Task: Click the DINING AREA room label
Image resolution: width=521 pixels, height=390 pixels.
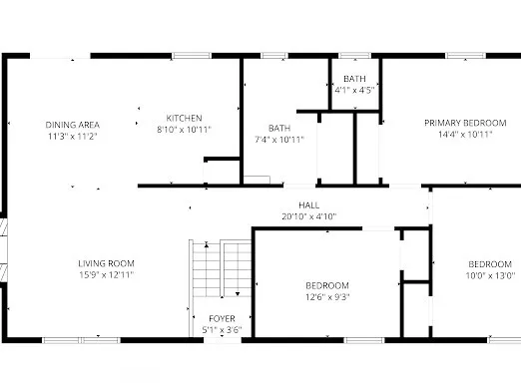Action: [x=72, y=125]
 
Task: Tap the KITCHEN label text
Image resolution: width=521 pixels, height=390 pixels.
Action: [x=184, y=117]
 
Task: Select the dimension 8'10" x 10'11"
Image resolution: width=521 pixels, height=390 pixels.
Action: [x=184, y=129]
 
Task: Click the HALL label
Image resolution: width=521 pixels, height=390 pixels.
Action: [x=294, y=205]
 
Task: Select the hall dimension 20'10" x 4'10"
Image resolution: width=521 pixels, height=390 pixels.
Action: [x=294, y=216]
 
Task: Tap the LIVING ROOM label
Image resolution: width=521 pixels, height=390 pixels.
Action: [x=106, y=263]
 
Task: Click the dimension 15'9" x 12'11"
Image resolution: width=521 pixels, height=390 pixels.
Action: [x=106, y=274]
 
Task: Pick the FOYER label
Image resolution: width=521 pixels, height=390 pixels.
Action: [x=222, y=318]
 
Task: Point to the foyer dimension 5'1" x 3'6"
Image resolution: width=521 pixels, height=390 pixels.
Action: [x=222, y=329]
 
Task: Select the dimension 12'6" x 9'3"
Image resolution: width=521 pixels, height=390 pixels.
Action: [x=327, y=295]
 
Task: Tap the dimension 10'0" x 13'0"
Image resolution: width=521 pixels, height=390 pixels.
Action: [x=491, y=275]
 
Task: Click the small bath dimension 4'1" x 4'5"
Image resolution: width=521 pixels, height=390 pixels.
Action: [x=354, y=90]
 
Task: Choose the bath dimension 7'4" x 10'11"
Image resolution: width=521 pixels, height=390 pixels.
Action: [x=278, y=139]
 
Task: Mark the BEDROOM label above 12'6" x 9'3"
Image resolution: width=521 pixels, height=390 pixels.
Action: [x=327, y=284]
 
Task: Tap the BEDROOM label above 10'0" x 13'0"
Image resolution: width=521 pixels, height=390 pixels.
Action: [x=491, y=264]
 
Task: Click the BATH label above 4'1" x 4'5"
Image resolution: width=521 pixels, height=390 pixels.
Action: [x=354, y=79]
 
